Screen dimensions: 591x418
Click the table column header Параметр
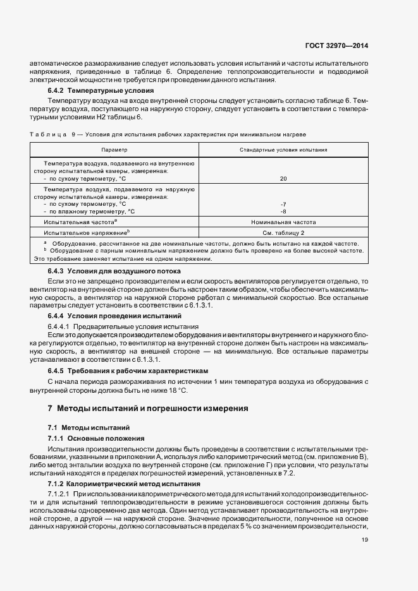114,150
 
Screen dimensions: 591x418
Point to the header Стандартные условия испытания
283,150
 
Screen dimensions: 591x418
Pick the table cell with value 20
283,179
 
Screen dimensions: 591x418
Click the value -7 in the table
283,204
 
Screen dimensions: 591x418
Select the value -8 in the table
283,212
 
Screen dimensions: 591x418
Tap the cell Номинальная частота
283,222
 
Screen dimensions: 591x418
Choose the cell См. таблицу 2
283,232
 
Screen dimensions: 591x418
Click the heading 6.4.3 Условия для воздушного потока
106,272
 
